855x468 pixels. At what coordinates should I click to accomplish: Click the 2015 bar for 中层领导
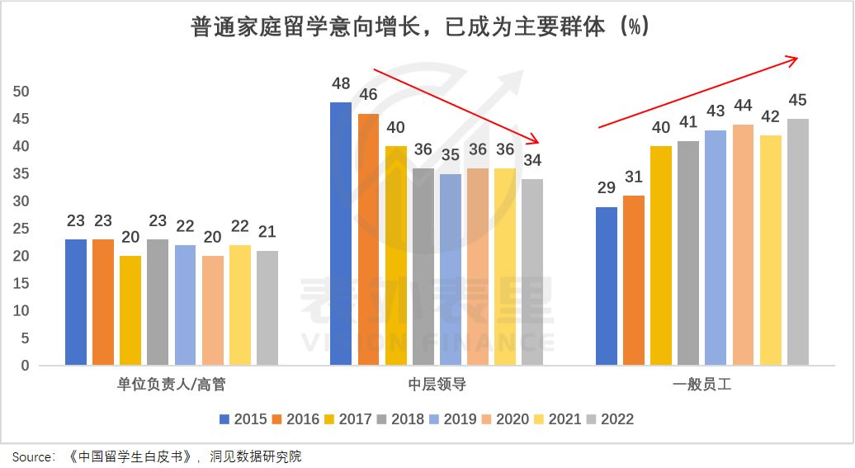pos(340,234)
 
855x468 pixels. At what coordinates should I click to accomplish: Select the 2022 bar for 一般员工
pos(797,242)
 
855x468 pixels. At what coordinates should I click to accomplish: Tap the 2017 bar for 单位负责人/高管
pos(130,310)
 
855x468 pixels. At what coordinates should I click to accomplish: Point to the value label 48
pos(340,83)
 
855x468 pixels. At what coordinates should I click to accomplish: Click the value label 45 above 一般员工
pos(797,100)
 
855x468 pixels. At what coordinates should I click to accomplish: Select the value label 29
pos(606,188)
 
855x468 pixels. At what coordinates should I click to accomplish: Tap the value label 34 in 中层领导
pos(532,160)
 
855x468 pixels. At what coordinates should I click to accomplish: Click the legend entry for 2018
pos(399,419)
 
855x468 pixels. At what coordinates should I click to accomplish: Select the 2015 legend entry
pos(243,419)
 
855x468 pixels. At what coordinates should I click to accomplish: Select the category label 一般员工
pos(701,385)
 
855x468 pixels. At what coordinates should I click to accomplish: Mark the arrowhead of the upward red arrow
pos(795,59)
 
